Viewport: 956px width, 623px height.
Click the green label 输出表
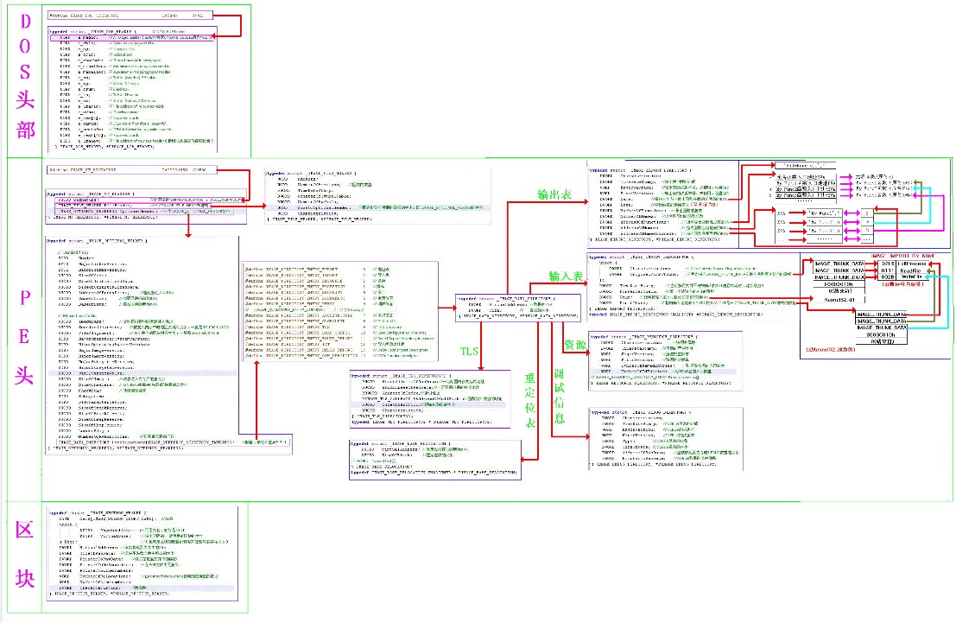pos(554,195)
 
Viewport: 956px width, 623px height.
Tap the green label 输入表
pos(567,276)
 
